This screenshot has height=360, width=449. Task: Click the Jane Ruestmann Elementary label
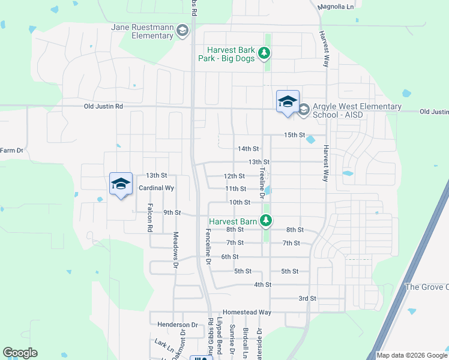click(x=142, y=31)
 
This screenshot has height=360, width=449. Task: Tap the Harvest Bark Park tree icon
click(x=264, y=54)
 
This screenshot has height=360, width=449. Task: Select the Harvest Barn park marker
click(x=265, y=221)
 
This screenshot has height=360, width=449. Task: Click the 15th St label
click(x=295, y=135)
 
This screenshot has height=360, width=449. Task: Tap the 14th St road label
click(x=248, y=149)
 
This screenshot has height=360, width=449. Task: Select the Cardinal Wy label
click(x=156, y=188)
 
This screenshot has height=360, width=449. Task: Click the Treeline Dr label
click(x=262, y=182)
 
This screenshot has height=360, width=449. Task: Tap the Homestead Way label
click(x=247, y=313)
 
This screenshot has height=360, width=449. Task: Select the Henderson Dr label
click(x=177, y=325)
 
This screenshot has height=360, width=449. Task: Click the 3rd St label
click(x=307, y=298)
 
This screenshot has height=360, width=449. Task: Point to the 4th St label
click(x=263, y=284)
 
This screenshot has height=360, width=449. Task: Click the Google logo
click(x=20, y=353)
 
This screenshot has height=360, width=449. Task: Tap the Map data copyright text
click(x=411, y=355)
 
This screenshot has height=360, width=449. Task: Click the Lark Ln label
click(x=160, y=342)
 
